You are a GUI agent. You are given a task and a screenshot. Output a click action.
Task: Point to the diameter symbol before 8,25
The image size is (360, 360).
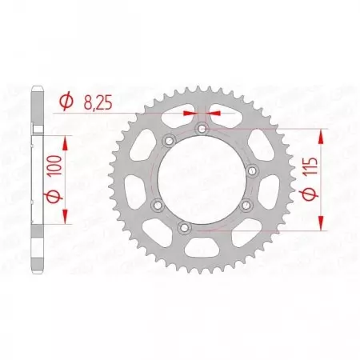point(66,102)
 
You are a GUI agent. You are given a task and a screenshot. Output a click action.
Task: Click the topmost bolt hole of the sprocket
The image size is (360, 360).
point(202,128)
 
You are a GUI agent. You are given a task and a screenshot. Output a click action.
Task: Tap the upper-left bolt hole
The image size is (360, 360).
point(167,141)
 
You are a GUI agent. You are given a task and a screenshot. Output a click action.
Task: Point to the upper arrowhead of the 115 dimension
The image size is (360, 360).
point(322,133)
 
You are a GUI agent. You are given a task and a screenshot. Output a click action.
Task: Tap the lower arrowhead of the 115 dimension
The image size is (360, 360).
point(322,226)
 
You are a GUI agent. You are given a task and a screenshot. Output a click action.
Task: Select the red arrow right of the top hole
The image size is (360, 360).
point(215,113)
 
